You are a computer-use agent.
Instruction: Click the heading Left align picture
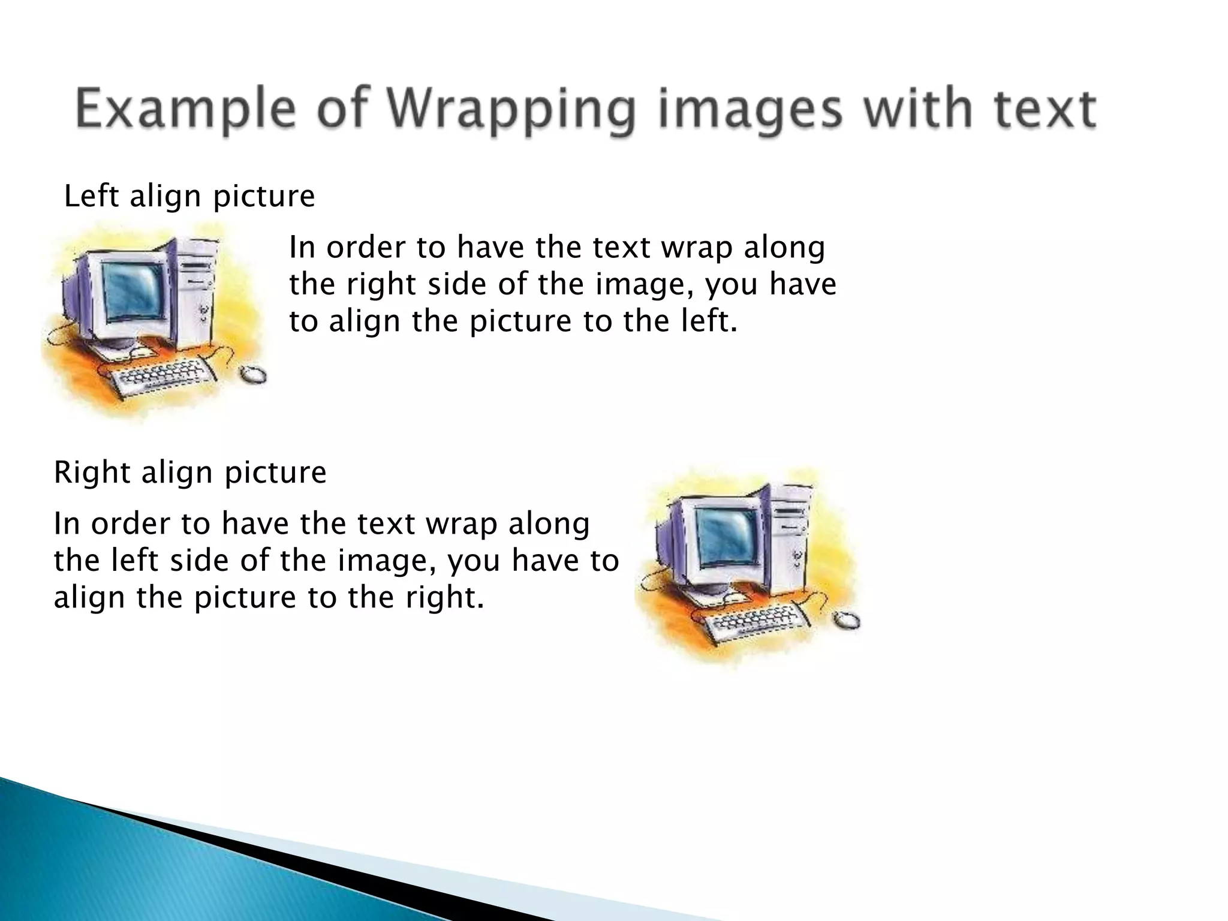(189, 197)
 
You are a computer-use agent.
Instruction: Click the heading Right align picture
(190, 472)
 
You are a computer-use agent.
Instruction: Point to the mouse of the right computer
(847, 620)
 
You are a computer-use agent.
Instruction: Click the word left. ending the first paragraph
(708, 322)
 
